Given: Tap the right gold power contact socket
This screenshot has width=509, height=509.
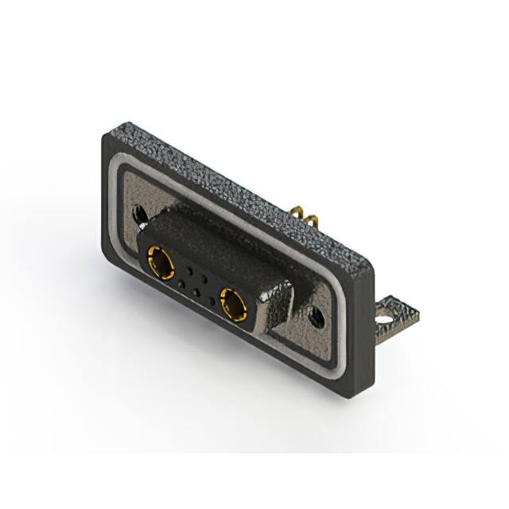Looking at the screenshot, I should [x=234, y=304].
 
